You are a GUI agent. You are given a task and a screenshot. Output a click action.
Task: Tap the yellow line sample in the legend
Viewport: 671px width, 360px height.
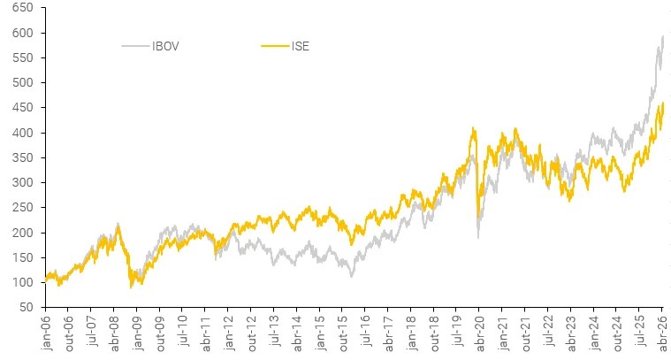point(274,45)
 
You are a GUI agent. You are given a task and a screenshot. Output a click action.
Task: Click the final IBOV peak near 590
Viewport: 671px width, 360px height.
point(663,36)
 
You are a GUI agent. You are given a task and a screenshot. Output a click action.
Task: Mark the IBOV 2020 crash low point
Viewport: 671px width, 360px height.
point(478,237)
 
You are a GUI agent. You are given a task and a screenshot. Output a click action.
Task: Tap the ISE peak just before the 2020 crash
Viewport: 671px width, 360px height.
point(474,128)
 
